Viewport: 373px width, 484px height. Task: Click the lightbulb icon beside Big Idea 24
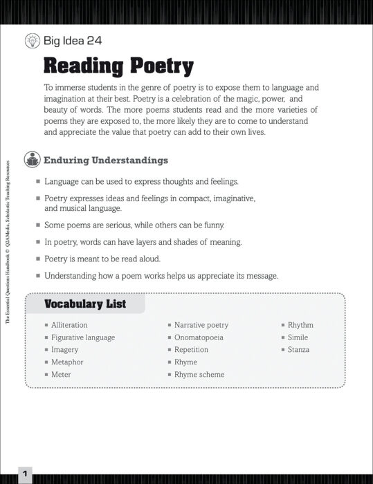tap(32, 41)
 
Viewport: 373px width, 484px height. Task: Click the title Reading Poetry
tap(118, 66)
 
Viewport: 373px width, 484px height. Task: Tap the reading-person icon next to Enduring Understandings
tap(32, 160)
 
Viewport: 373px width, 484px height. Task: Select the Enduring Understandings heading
tap(106, 160)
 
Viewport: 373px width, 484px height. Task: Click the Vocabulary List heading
tap(85, 304)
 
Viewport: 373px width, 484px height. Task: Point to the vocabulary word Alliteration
tap(69, 325)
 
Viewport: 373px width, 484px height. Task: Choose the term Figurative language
tap(83, 337)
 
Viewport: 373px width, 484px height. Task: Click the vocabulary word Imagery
tap(64, 350)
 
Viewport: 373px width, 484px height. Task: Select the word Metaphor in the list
tap(67, 362)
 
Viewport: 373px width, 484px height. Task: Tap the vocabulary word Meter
tap(61, 375)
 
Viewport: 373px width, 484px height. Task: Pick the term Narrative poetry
tap(201, 325)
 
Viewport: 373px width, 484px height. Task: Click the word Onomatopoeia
tap(199, 337)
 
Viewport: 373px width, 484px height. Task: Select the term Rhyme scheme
tap(199, 375)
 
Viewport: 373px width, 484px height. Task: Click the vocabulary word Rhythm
tap(300, 325)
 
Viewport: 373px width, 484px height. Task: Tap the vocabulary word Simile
tap(298, 337)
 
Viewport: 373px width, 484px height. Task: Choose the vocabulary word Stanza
tap(298, 350)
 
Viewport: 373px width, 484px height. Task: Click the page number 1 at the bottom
tap(24, 474)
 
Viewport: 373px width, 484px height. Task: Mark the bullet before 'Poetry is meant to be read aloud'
tap(38, 259)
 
